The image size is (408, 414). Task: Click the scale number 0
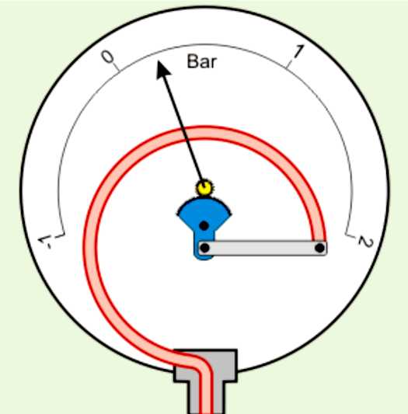pyautogui.click(x=107, y=57)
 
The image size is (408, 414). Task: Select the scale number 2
pyautogui.click(x=366, y=242)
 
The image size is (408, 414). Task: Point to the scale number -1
pyautogui.click(x=45, y=242)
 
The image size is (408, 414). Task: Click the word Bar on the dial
pyautogui.click(x=202, y=61)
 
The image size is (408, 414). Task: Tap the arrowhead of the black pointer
pyautogui.click(x=162, y=69)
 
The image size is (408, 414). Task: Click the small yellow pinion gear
pyautogui.click(x=204, y=188)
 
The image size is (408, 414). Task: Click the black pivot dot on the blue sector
pyautogui.click(x=204, y=226)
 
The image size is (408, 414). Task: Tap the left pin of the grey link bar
pyautogui.click(x=205, y=248)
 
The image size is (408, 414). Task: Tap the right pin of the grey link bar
pyautogui.click(x=319, y=248)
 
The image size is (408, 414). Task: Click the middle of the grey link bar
pyautogui.click(x=263, y=248)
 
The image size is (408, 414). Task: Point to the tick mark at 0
pyautogui.click(x=117, y=67)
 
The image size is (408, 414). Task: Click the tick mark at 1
pyautogui.click(x=290, y=64)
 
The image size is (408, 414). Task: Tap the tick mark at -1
pyautogui.click(x=60, y=235)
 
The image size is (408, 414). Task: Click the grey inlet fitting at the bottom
pyautogui.click(x=206, y=380)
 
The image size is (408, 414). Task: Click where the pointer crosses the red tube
pyautogui.click(x=185, y=134)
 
